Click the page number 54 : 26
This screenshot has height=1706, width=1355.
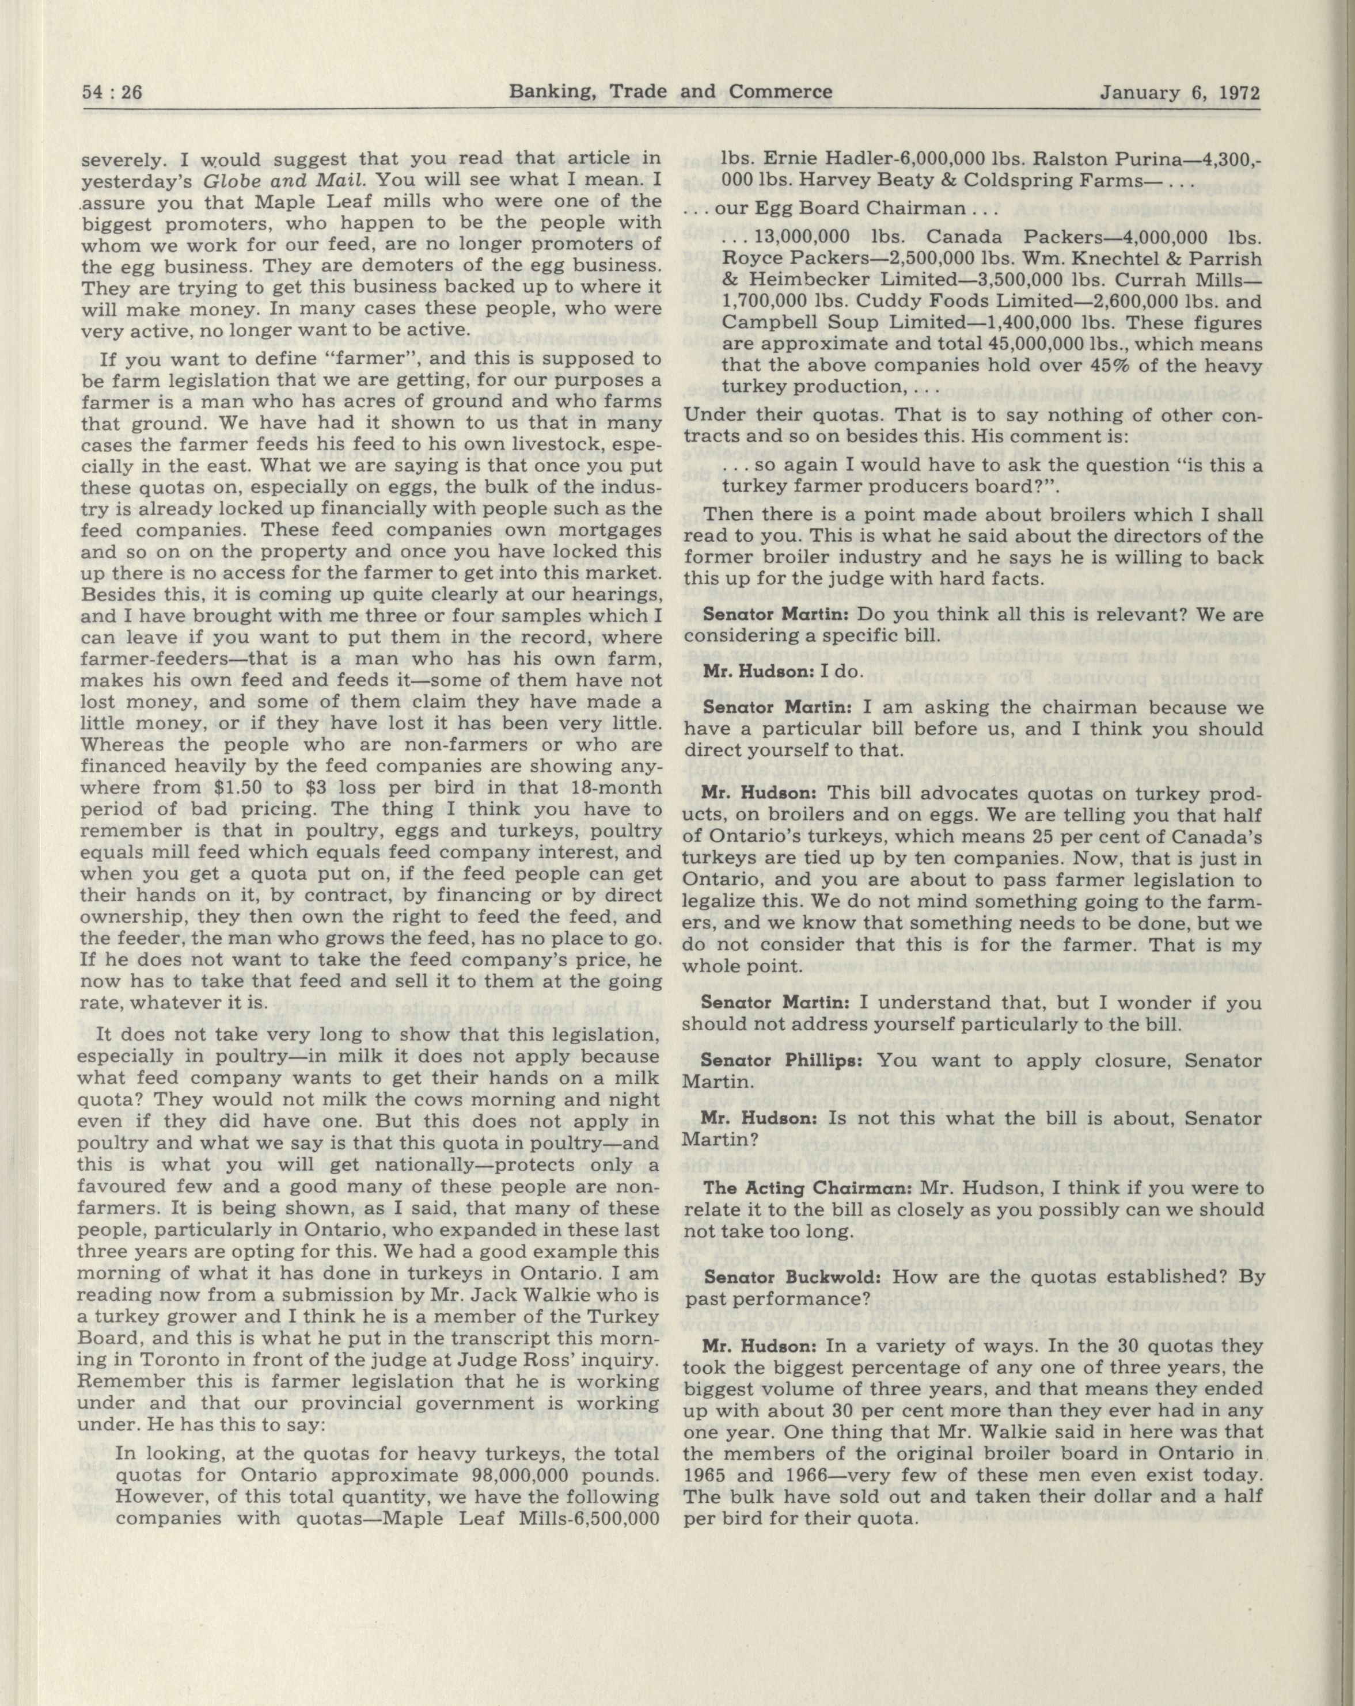point(112,93)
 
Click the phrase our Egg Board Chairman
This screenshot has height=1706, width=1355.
point(841,209)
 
